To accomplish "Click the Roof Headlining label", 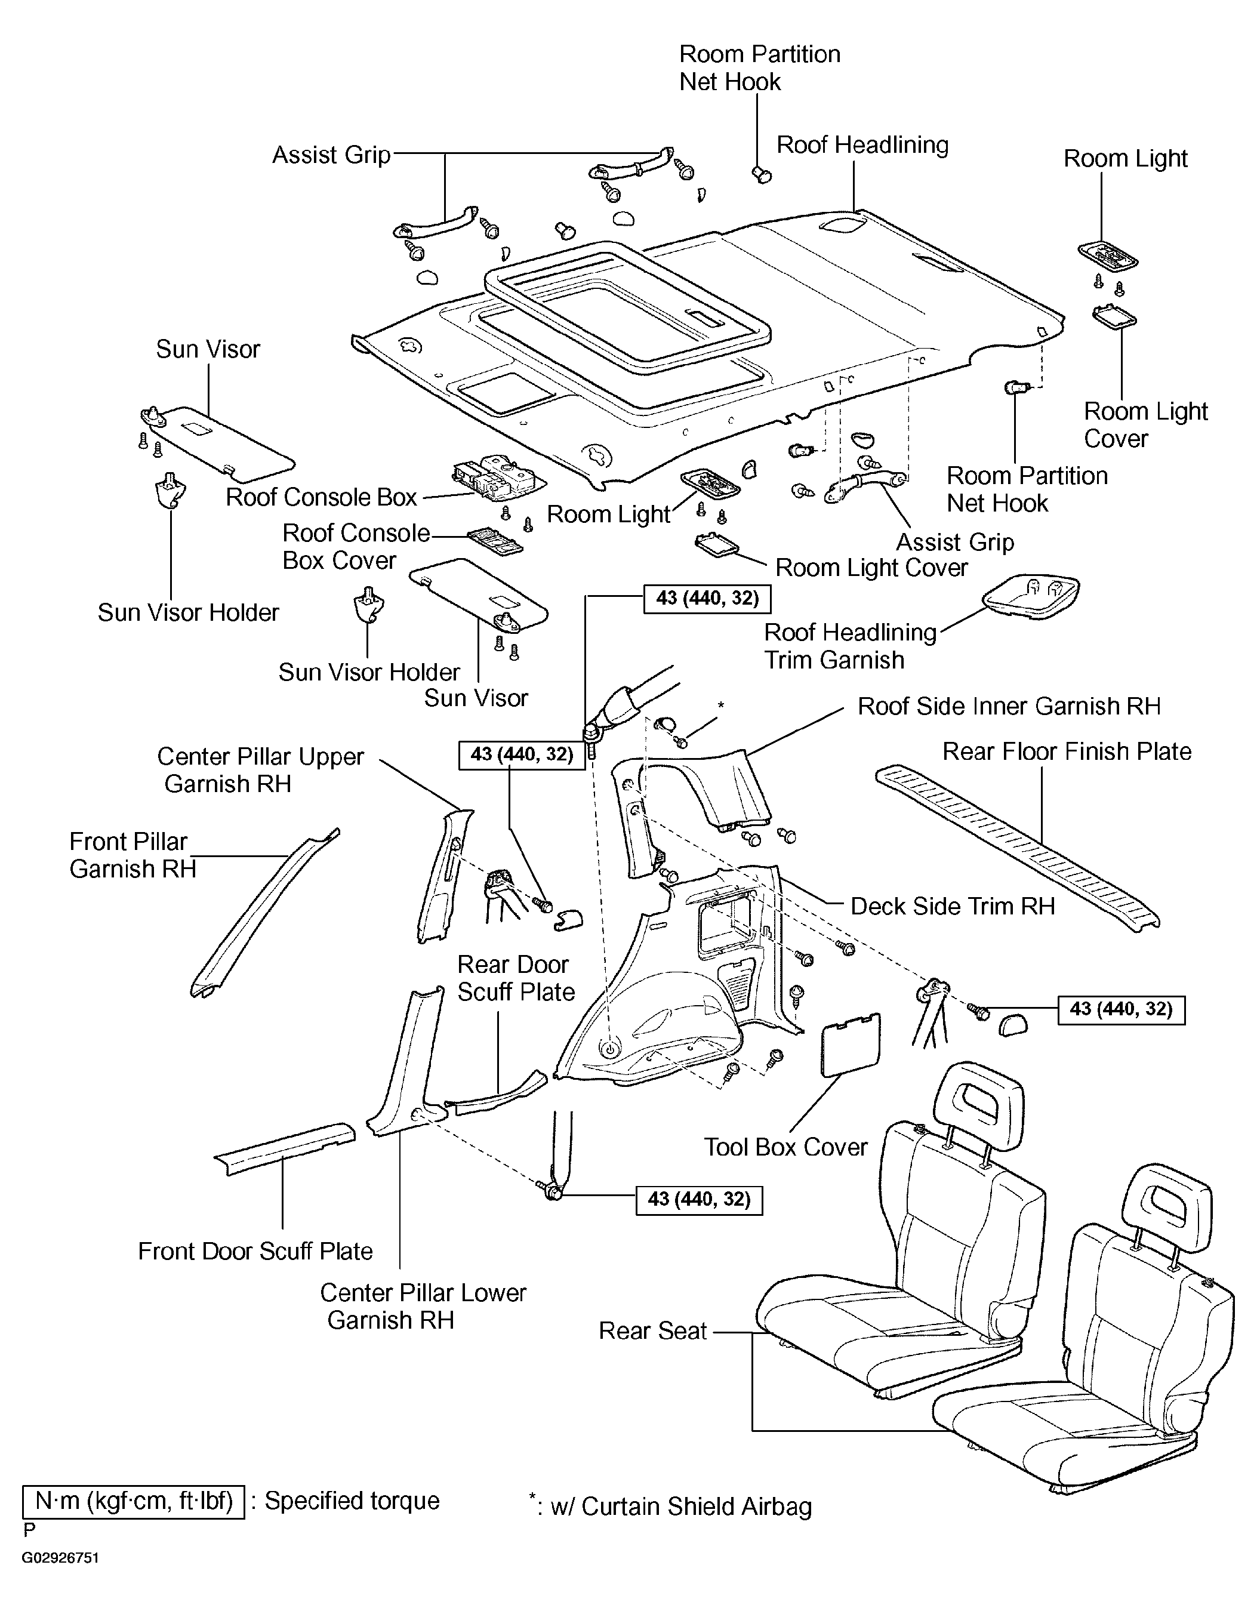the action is (862, 146).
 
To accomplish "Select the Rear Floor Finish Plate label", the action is (1067, 751).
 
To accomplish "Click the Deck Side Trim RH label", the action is (953, 906).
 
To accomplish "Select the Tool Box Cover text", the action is (785, 1147).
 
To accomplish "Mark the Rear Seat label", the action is (652, 1330).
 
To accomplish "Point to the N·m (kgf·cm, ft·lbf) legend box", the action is (133, 1502).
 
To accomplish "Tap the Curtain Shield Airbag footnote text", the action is (671, 1507).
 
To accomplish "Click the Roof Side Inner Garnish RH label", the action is (1009, 707).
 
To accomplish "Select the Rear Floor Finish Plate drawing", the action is (1018, 849).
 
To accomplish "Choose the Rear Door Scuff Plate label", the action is (516, 978).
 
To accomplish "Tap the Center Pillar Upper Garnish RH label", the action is (261, 770).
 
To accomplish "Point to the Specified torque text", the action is (352, 1501).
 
